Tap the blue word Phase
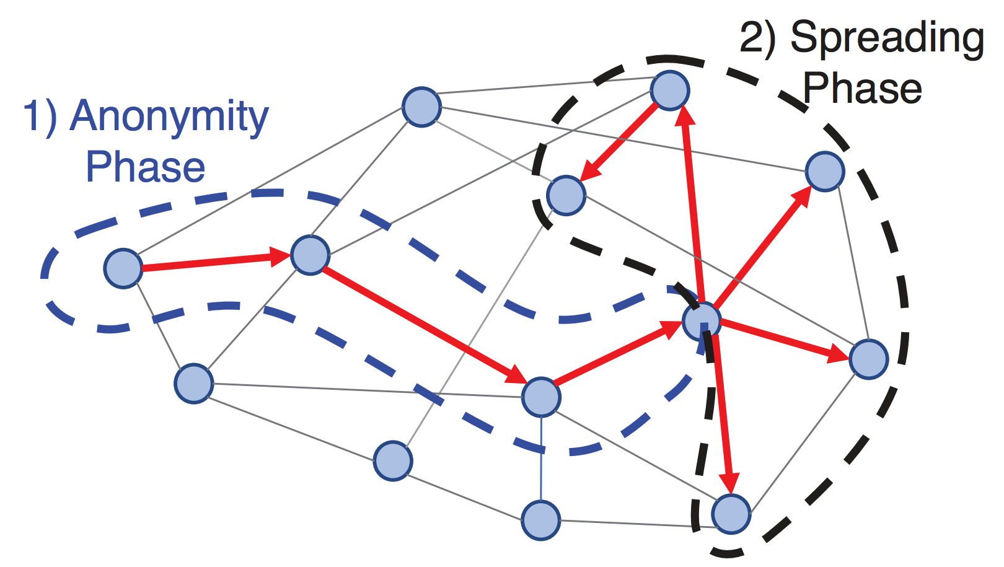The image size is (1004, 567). coord(145,167)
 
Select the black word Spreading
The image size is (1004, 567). coord(887,38)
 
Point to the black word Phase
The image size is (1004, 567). coord(862,88)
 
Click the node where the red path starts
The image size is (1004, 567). coord(123,268)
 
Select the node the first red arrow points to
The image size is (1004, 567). coord(310,255)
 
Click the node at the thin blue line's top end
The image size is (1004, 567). coord(541,397)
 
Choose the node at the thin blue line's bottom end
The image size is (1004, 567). coord(541,520)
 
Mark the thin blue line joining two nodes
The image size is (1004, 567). coord(541,459)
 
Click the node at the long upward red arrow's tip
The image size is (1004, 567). coord(670,90)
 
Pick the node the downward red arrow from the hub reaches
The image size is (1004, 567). coord(731,514)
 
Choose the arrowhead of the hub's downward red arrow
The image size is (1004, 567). coord(729,483)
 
